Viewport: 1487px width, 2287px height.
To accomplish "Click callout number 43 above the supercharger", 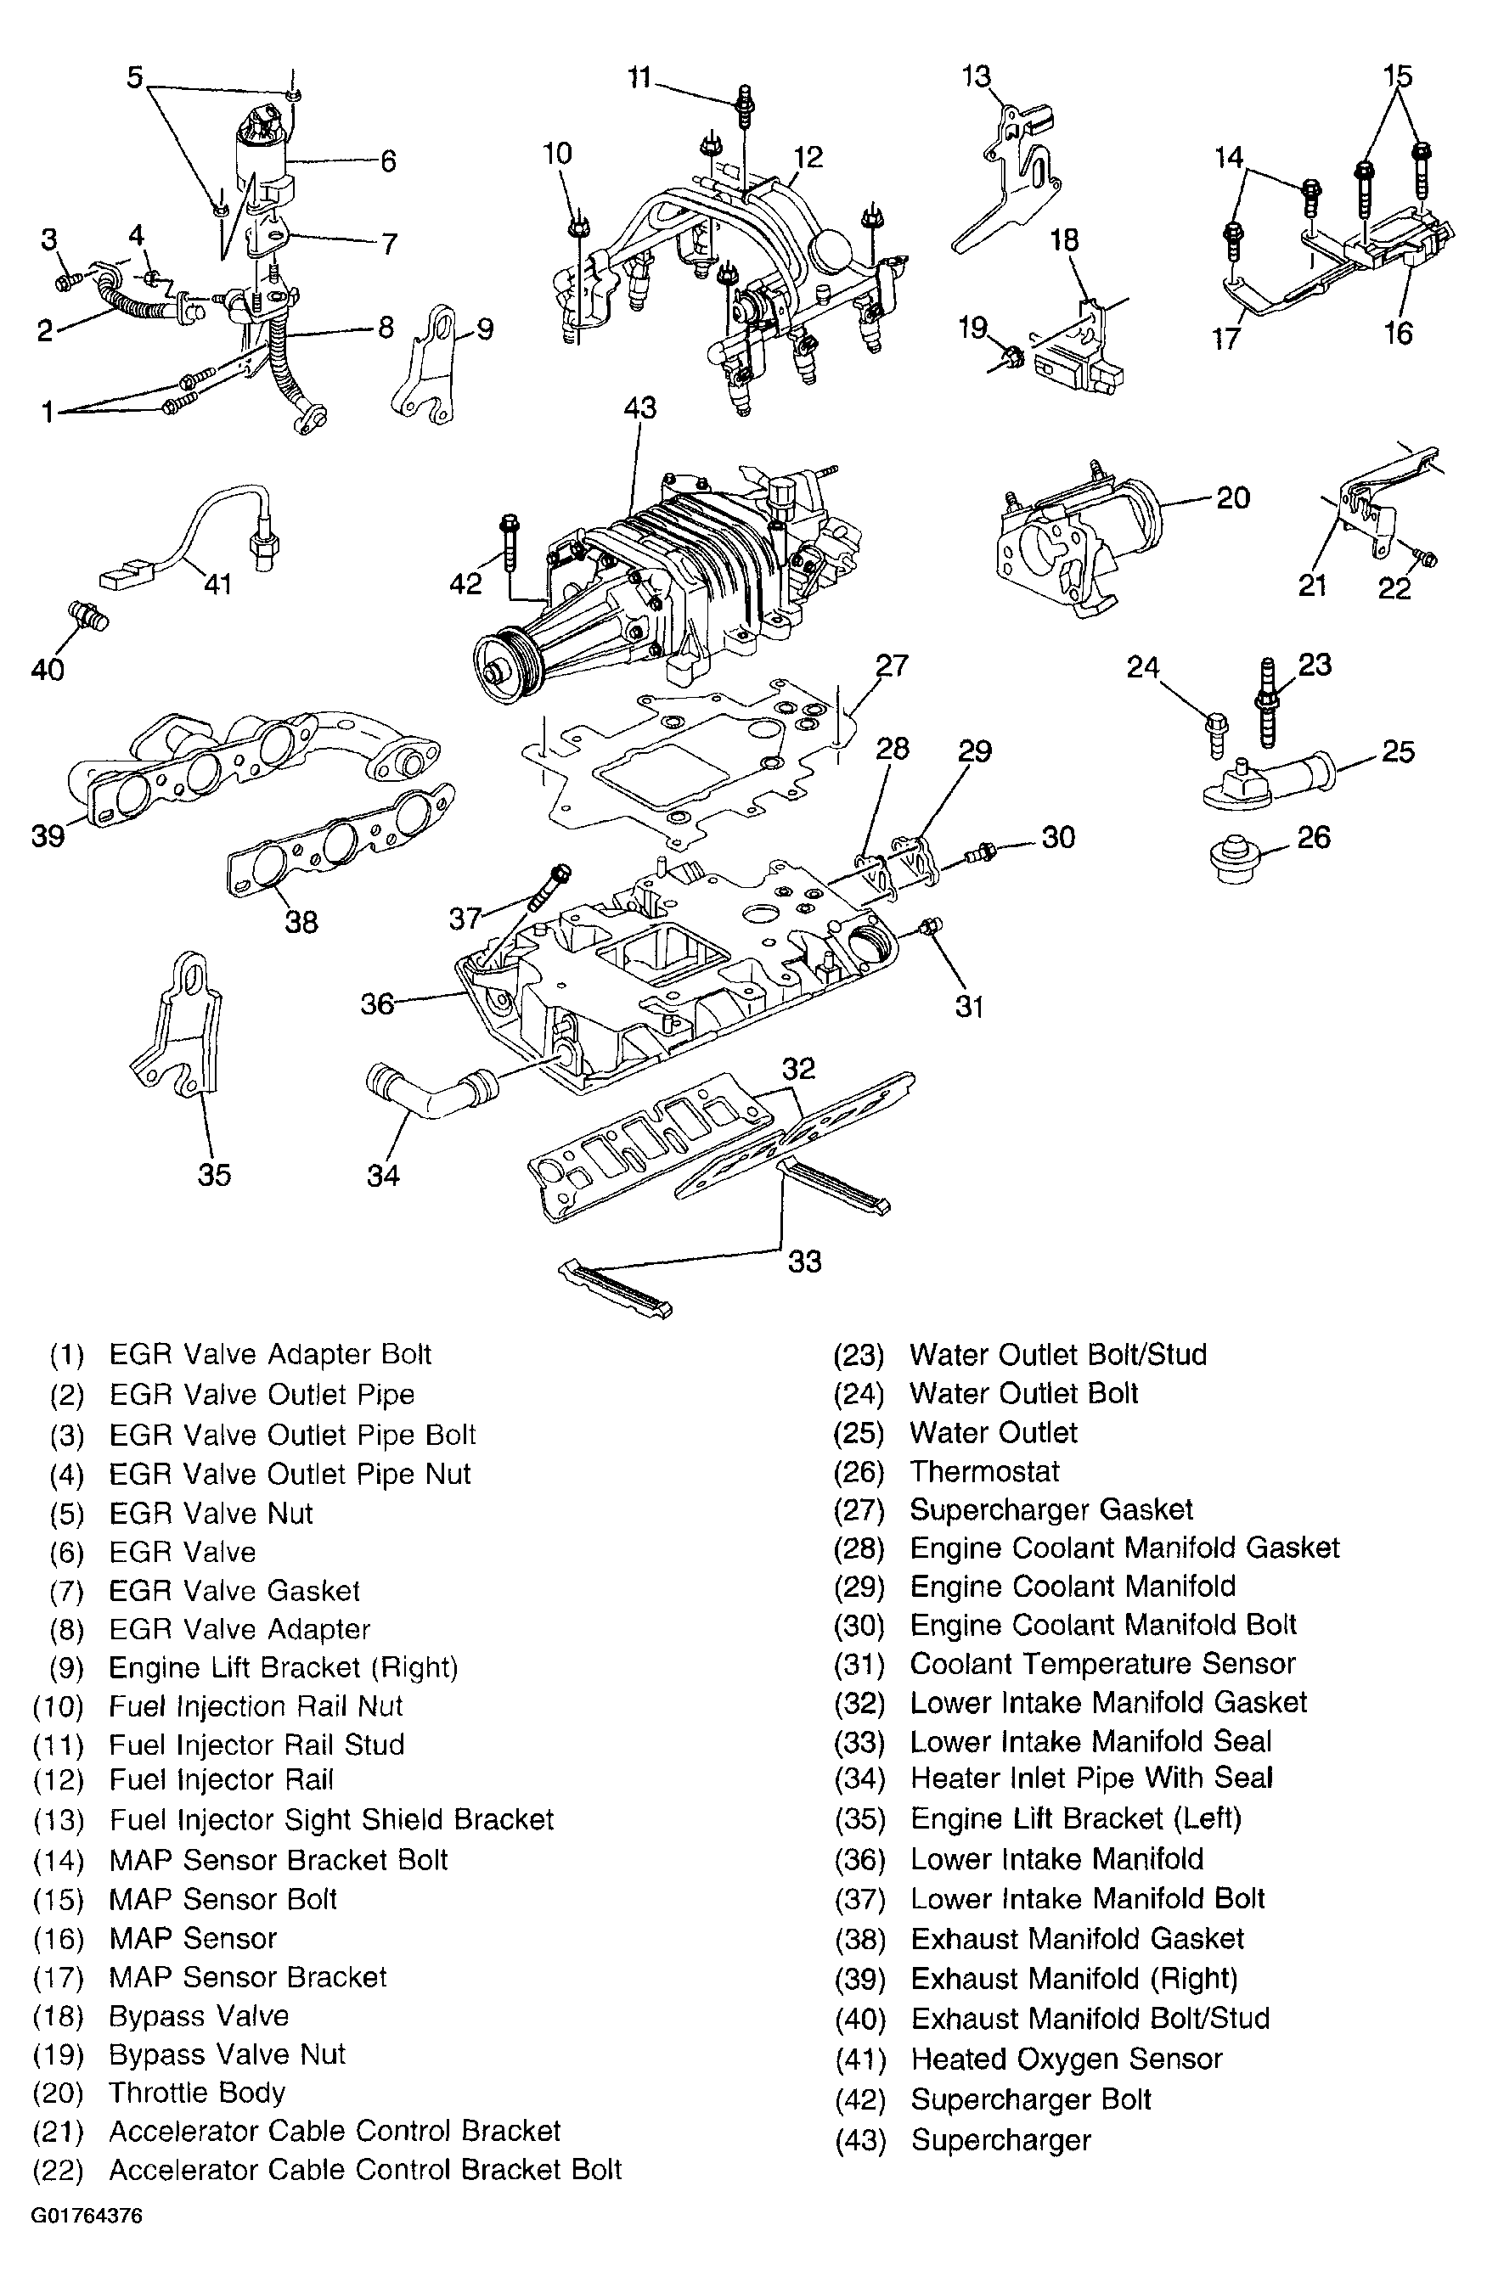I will click(x=640, y=407).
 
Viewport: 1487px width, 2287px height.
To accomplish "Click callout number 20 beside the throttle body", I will click(x=1232, y=498).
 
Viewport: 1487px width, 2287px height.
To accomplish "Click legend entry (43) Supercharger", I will click(x=1000, y=2140).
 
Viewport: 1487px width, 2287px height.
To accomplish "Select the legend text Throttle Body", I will click(x=197, y=2092).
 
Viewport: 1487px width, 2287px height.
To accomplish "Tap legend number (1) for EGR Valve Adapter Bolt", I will click(x=67, y=1355).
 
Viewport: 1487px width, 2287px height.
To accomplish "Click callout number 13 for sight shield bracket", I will click(x=977, y=77).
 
